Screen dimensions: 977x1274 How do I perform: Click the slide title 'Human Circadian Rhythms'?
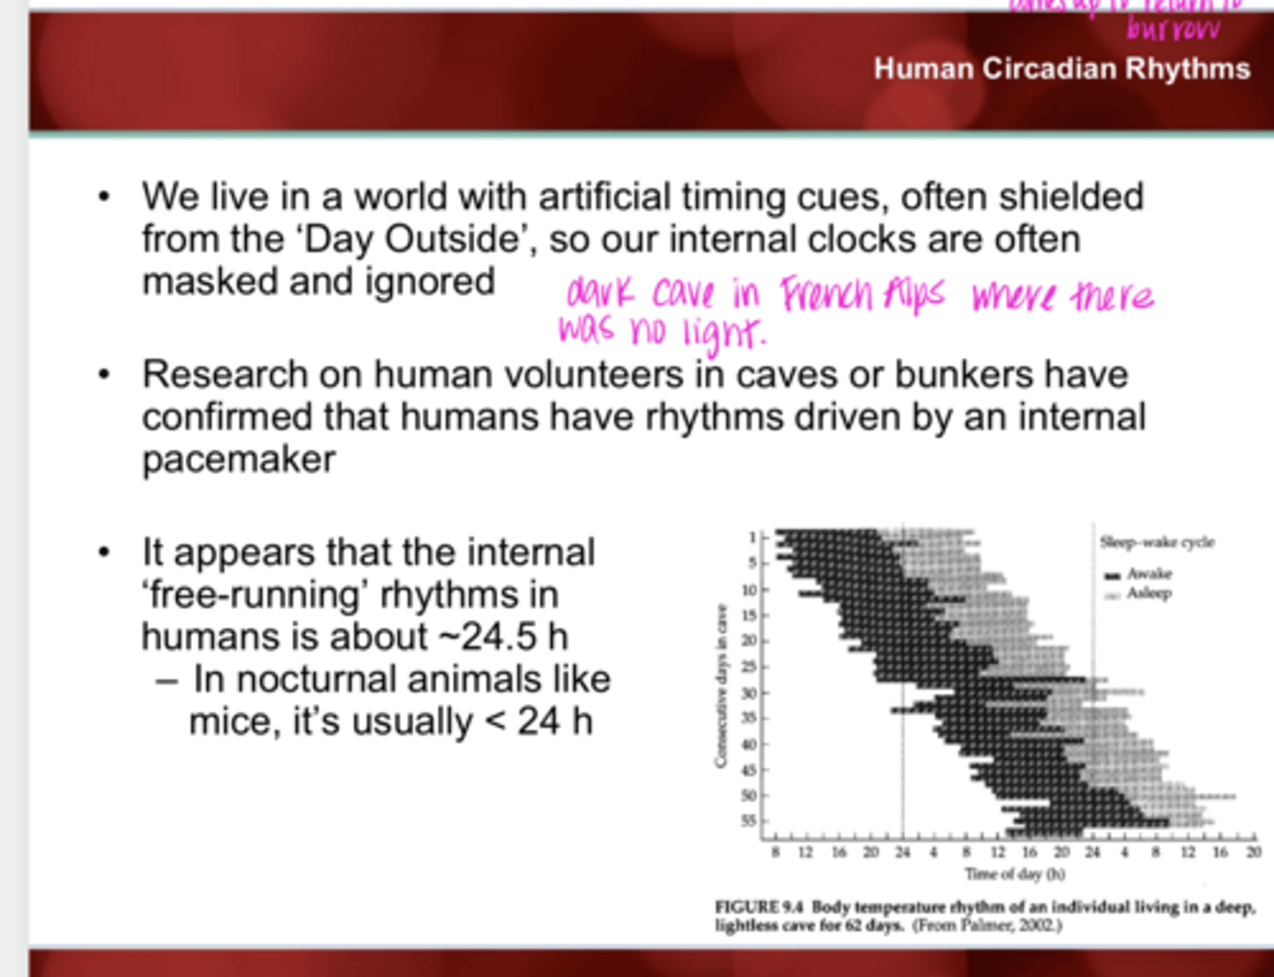tap(1062, 69)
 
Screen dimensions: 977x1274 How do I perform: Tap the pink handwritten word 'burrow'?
tap(1173, 30)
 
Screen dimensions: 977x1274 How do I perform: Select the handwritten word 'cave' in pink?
tap(684, 293)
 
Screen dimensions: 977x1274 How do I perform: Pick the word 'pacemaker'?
tap(239, 459)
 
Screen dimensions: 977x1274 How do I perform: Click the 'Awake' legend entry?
tap(1148, 574)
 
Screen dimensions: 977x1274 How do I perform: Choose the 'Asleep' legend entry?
tap(1148, 593)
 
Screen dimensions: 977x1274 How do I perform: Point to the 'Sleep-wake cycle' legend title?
tap(1156, 542)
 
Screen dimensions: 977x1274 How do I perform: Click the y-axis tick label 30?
tap(748, 693)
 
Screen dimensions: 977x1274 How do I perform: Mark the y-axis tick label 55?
tap(748, 821)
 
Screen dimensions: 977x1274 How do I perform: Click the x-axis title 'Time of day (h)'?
tap(1015, 874)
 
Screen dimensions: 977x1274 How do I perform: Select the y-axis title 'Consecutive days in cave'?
tap(721, 685)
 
